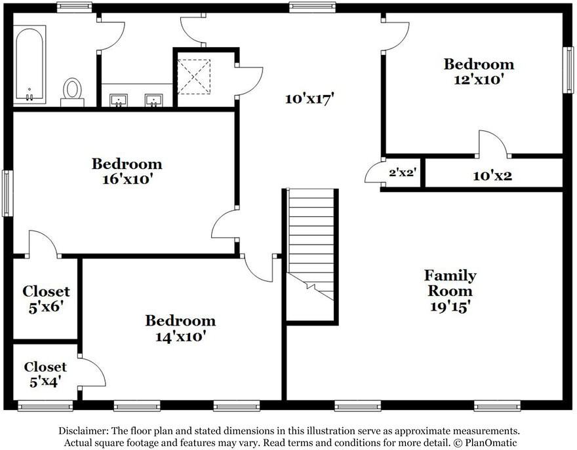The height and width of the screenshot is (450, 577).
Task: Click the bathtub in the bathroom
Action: (30, 64)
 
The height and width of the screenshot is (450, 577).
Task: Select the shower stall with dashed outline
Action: (194, 77)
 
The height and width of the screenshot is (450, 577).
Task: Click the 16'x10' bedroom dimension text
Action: (127, 179)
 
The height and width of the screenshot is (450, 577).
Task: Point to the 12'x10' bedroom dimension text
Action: (479, 79)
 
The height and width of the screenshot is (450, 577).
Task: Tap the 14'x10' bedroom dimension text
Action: (180, 337)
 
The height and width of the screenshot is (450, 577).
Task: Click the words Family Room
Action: (450, 283)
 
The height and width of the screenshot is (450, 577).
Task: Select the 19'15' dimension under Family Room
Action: (450, 307)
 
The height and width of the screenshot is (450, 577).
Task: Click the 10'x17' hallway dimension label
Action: (309, 98)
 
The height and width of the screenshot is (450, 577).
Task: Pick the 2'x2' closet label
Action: (403, 172)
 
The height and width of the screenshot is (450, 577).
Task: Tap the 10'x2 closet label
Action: (492, 176)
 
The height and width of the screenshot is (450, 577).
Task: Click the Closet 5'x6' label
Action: (46, 299)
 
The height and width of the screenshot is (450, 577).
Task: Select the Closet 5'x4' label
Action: (45, 374)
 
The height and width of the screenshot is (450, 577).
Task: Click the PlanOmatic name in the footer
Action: (491, 442)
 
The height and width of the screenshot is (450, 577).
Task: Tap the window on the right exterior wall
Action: (569, 70)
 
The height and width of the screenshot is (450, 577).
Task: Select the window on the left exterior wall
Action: (7, 193)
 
